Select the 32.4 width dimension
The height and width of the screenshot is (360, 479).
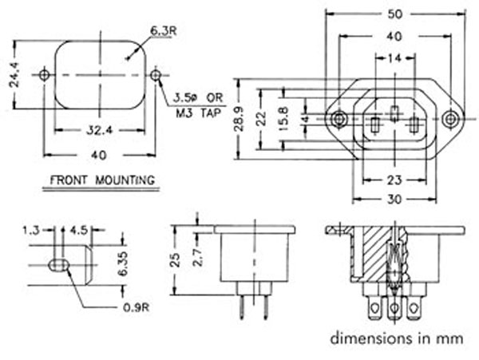click(99, 128)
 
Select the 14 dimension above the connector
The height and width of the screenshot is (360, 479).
click(394, 59)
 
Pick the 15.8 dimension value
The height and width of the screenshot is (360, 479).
click(285, 118)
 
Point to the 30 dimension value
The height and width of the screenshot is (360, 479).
click(394, 200)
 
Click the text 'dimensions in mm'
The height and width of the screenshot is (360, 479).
click(396, 337)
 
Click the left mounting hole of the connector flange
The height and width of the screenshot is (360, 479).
click(339, 119)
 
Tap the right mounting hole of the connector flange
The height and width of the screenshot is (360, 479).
click(451, 119)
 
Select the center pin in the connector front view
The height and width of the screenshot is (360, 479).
click(394, 113)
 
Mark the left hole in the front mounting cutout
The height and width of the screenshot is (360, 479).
click(44, 75)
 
